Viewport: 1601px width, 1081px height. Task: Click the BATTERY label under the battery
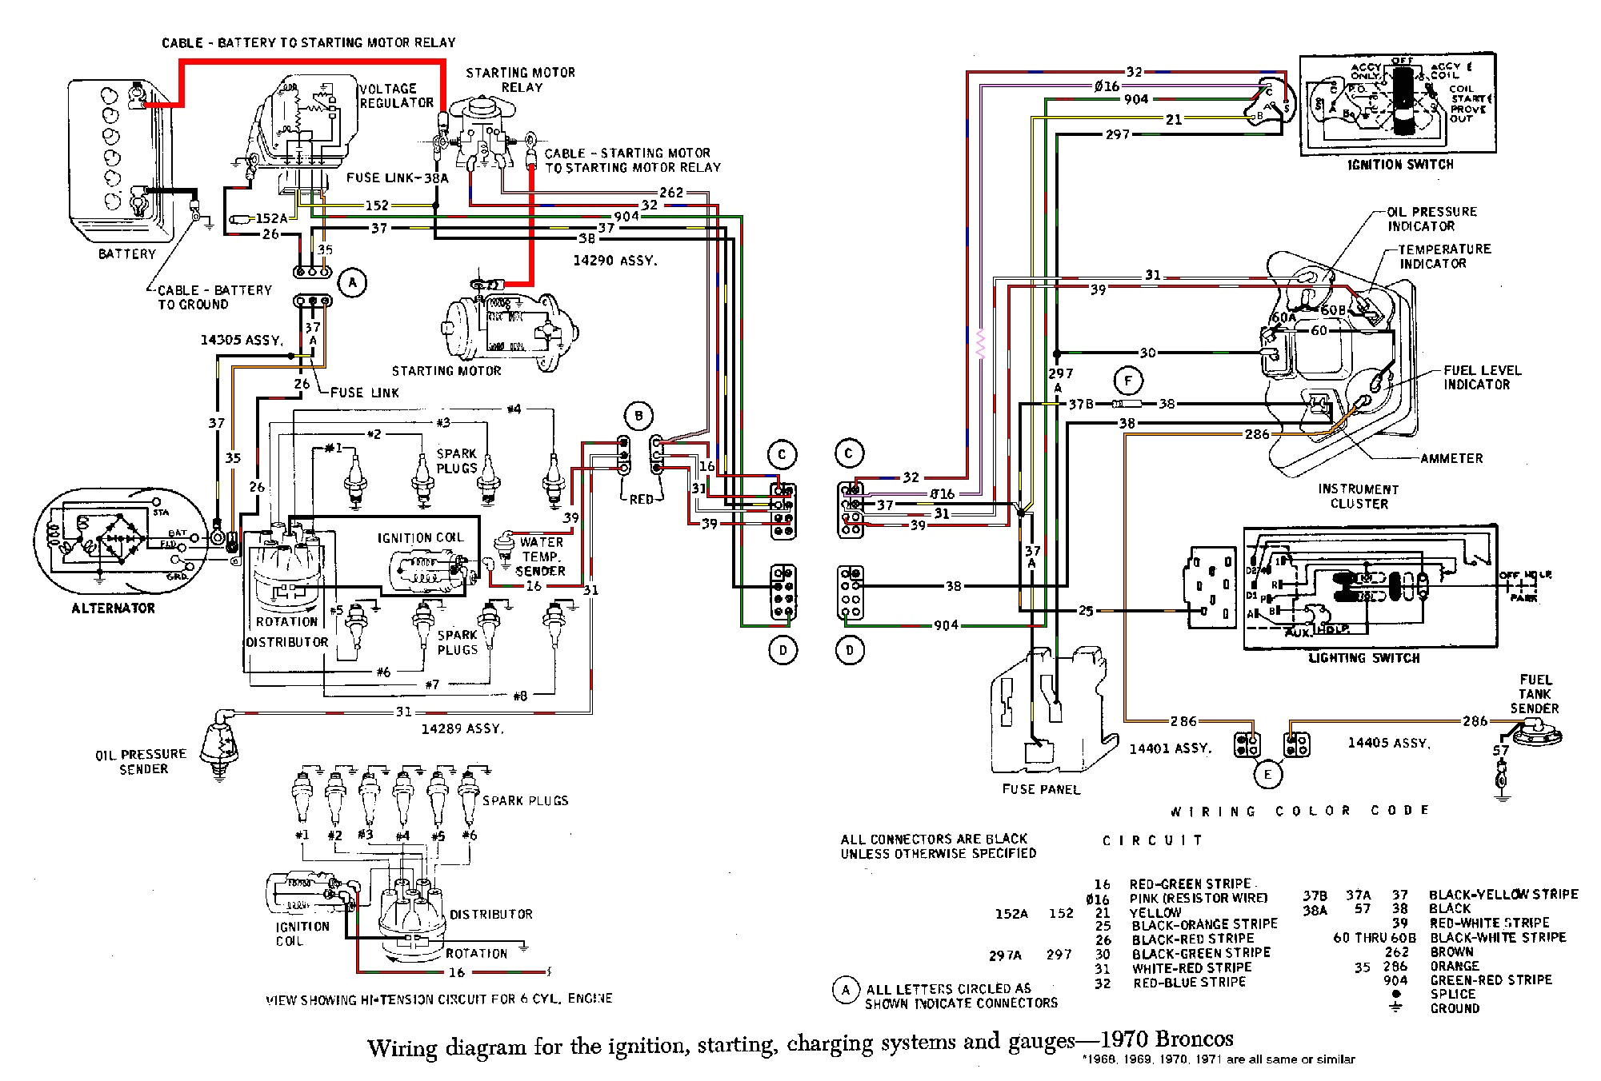[x=126, y=253]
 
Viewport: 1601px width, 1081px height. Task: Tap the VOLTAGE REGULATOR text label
[x=395, y=96]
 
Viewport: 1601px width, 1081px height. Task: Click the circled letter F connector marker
[x=1128, y=381]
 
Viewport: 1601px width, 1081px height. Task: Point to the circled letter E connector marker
[x=1267, y=774]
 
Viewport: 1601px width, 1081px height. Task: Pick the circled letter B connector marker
[x=638, y=416]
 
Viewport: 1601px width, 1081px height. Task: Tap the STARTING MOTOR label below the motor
[x=446, y=371]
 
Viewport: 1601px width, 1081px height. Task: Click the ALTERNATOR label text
[x=113, y=608]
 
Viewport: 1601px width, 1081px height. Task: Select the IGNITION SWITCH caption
[x=1400, y=165]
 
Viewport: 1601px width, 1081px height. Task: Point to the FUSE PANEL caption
[x=1041, y=789]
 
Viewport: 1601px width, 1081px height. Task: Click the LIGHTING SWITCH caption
[x=1363, y=658]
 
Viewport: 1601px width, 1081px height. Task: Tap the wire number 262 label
[x=671, y=192]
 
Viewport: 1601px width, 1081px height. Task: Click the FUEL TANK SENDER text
[x=1534, y=693]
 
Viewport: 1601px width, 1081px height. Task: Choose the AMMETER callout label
[x=1451, y=458]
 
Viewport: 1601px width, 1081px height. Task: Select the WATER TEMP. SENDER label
[x=541, y=556]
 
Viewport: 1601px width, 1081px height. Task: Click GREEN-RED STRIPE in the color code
[x=1491, y=979]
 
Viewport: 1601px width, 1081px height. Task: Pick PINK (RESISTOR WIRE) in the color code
[x=1198, y=898]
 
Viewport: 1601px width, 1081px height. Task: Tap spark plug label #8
[x=520, y=696]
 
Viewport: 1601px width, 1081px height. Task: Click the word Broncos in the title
[x=1191, y=1039]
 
